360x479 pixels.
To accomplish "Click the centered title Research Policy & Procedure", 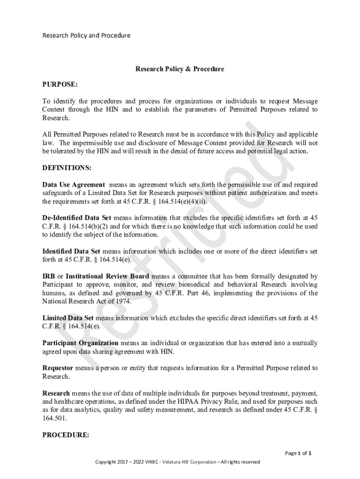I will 180,69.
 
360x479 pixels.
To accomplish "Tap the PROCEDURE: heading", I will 65,435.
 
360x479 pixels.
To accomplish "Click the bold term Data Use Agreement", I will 73,185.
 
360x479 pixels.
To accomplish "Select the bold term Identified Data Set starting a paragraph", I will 71,251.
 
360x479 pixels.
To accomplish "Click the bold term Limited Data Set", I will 68,318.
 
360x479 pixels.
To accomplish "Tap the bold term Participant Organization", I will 80,343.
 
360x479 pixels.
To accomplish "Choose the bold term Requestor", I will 57,368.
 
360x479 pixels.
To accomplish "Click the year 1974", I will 122,302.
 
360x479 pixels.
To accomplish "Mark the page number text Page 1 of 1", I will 298,453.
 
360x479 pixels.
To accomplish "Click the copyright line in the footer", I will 177,462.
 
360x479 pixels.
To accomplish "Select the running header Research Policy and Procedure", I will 86,36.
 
